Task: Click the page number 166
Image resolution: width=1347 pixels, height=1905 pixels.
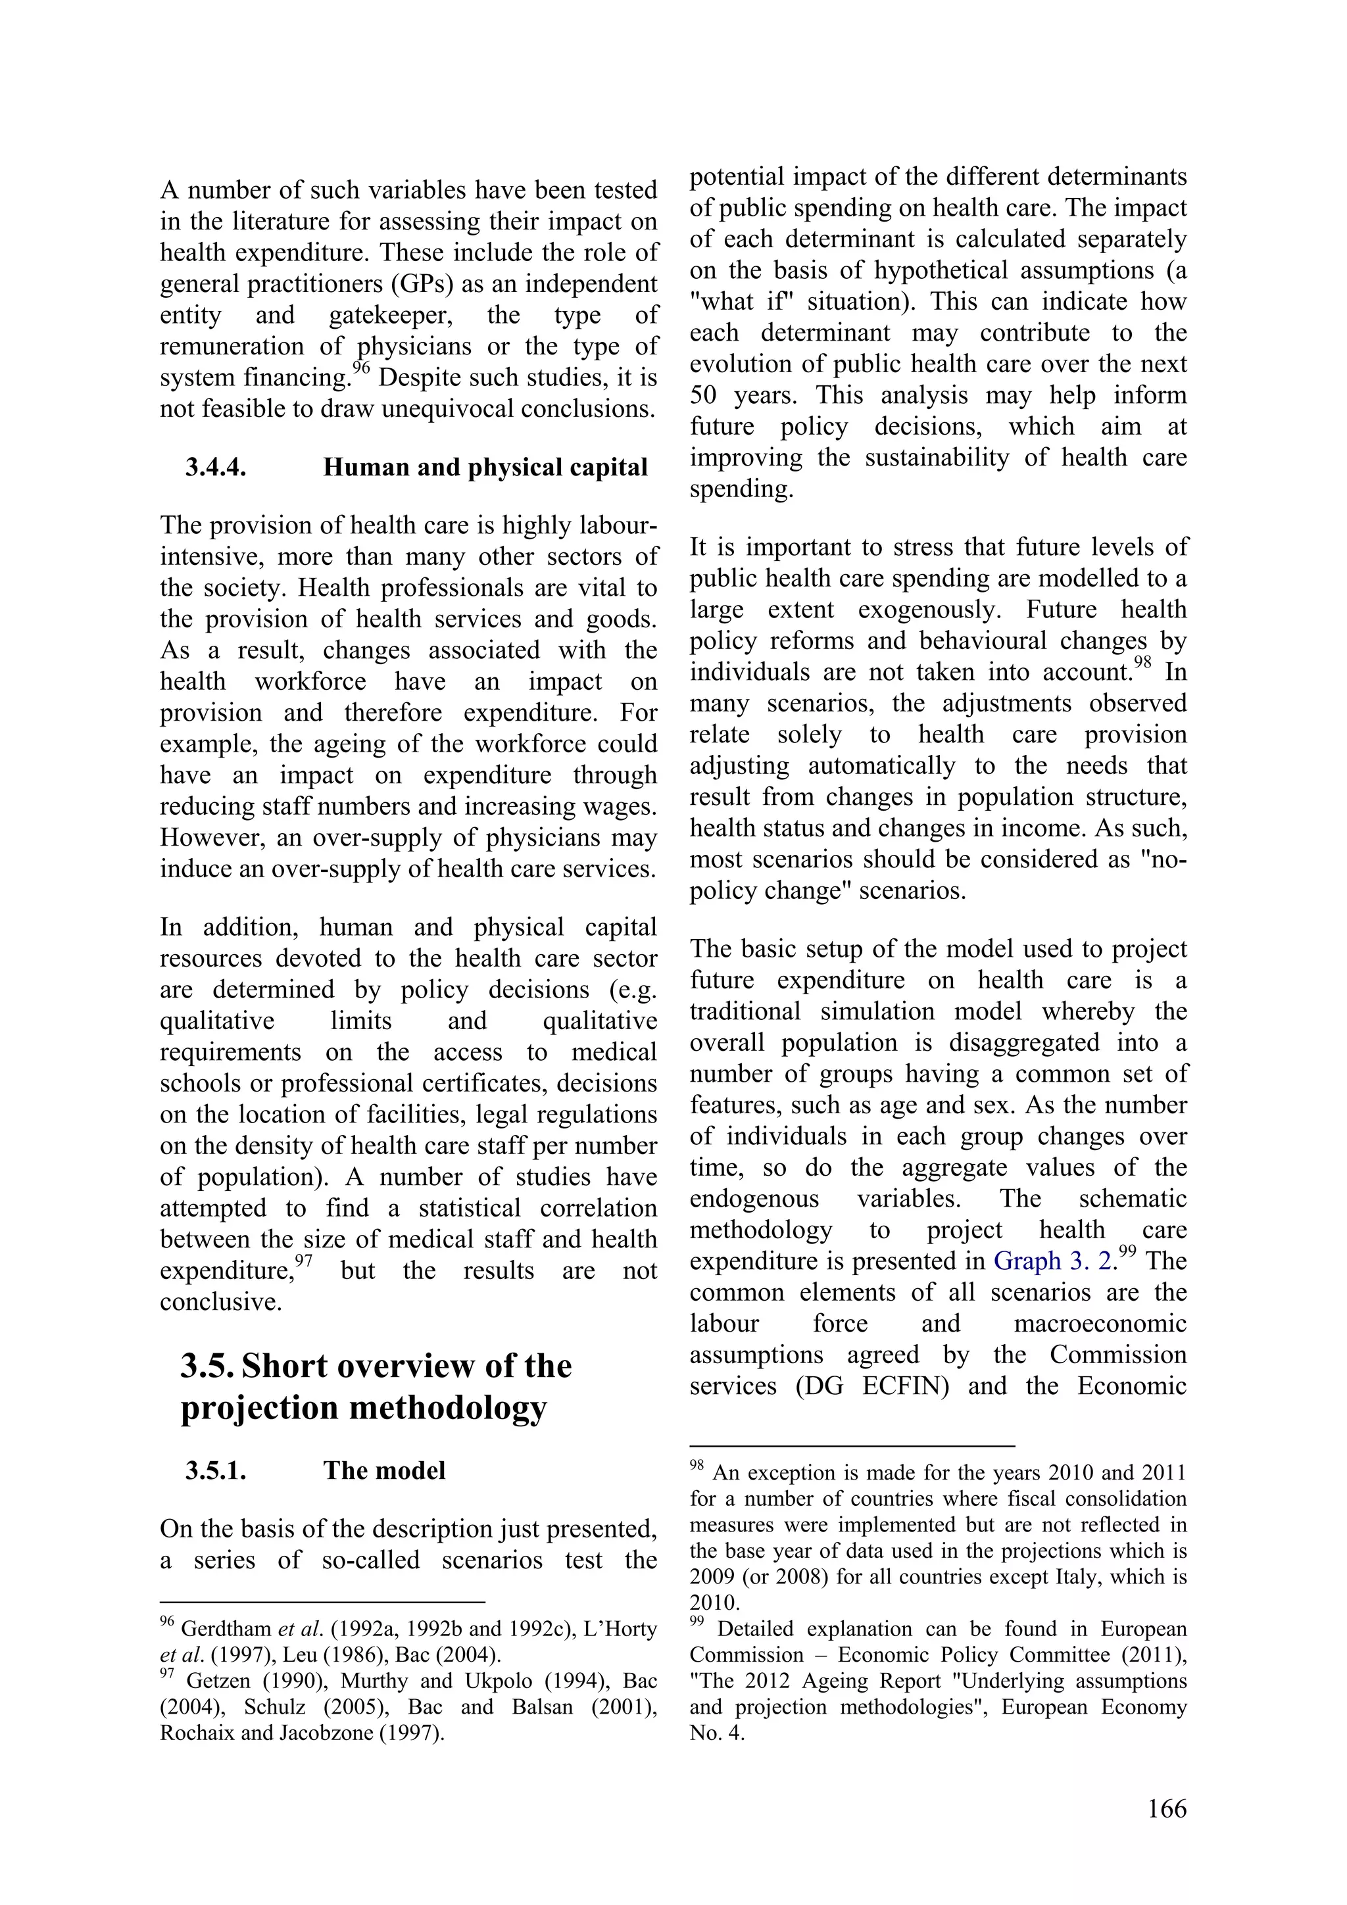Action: tap(1167, 1831)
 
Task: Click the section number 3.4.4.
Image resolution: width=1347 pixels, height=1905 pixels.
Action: tap(216, 468)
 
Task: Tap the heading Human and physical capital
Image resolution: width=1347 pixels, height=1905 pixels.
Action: tap(485, 468)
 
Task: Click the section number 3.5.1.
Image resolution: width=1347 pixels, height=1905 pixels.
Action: tap(216, 1471)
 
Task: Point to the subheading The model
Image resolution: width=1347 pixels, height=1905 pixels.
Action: tap(384, 1471)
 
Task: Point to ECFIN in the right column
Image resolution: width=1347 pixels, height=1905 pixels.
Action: tap(904, 1386)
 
